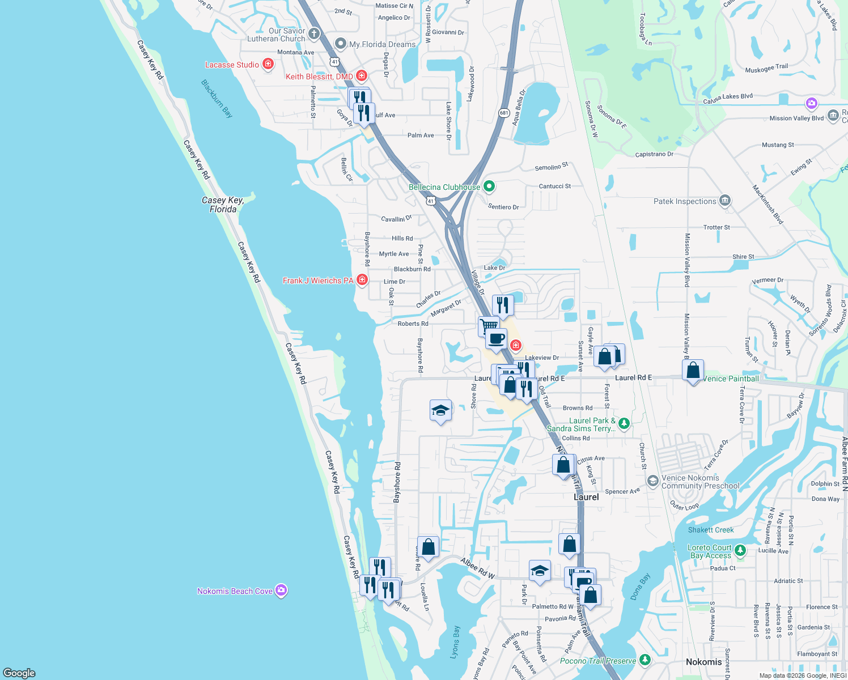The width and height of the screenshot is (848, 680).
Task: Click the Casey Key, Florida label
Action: click(x=223, y=205)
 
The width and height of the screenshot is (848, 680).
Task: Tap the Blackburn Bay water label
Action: click(x=217, y=99)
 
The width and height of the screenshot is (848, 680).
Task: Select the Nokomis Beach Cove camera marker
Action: click(x=281, y=590)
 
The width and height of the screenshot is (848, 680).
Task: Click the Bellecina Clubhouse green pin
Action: click(x=489, y=186)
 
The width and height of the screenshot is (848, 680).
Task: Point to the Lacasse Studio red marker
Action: click(x=268, y=65)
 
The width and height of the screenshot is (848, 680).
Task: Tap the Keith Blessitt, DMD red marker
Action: click(x=362, y=76)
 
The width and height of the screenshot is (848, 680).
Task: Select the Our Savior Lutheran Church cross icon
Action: click(x=314, y=33)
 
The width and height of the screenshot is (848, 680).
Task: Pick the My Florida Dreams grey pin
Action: click(x=341, y=44)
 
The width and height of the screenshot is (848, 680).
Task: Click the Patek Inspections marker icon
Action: click(x=724, y=201)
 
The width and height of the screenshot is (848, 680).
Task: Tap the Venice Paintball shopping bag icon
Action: click(x=693, y=371)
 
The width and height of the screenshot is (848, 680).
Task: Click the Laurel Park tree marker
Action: click(x=624, y=423)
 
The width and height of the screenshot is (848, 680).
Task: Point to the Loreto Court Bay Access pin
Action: click(x=740, y=550)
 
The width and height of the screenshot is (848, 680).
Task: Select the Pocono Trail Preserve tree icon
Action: click(x=645, y=660)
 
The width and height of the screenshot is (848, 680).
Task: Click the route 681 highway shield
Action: click(x=504, y=113)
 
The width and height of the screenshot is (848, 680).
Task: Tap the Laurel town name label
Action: click(x=586, y=497)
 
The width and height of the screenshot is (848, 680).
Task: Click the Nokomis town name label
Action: click(x=703, y=662)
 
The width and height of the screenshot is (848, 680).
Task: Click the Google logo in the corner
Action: click(x=19, y=673)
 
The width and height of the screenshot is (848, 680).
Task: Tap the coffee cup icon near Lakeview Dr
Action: click(x=497, y=339)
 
